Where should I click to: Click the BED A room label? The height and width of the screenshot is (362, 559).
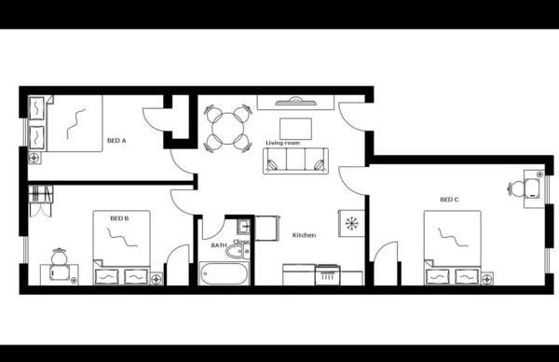pyautogui.click(x=116, y=141)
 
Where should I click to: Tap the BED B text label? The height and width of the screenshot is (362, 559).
pyautogui.click(x=119, y=218)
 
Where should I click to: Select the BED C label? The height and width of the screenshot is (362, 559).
pyautogui.click(x=450, y=200)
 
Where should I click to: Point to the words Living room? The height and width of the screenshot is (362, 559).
pyautogui.click(x=282, y=143)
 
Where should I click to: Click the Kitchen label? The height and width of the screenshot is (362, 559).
pyautogui.click(x=305, y=235)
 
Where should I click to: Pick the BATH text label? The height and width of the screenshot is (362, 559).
pyautogui.click(x=219, y=245)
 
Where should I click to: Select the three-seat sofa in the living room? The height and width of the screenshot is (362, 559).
pyautogui.click(x=296, y=161)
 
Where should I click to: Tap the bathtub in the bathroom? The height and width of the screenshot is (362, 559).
pyautogui.click(x=225, y=273)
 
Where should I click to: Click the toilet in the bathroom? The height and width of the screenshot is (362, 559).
pyautogui.click(x=241, y=249)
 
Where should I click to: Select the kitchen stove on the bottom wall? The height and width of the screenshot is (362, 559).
pyautogui.click(x=327, y=274)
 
